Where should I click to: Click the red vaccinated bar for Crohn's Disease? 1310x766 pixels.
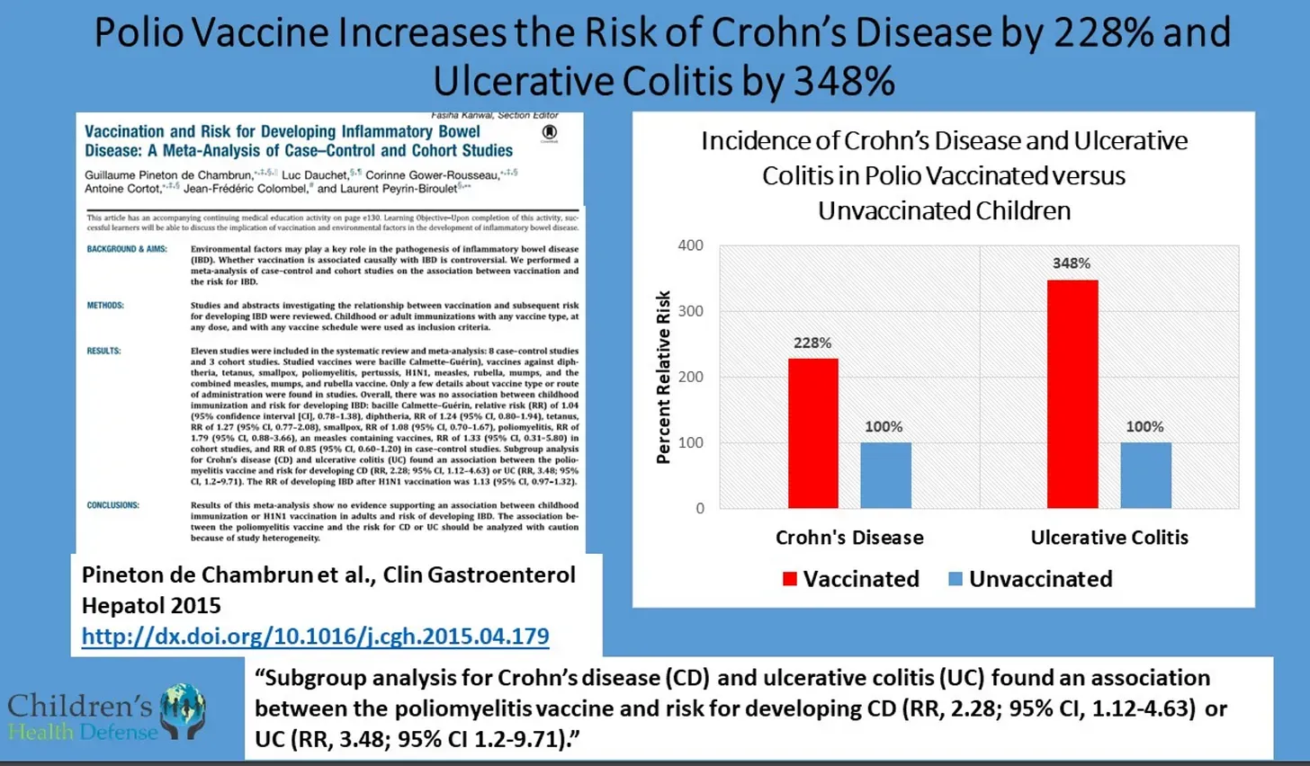(812, 433)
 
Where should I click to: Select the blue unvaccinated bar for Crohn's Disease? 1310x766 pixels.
(885, 476)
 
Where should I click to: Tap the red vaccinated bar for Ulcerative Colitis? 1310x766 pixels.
(1072, 394)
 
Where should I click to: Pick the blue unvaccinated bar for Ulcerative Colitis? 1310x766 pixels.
(1145, 476)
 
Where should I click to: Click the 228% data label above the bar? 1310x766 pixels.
(812, 343)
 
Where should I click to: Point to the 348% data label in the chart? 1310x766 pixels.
(1072, 263)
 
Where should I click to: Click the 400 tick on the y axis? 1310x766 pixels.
(690, 245)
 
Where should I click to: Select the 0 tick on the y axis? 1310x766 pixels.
(699, 509)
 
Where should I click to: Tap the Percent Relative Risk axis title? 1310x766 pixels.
(663, 378)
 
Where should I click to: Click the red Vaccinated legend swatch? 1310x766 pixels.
(790, 579)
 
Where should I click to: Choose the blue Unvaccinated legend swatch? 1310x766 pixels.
(956, 579)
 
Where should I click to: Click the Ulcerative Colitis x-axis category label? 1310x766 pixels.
(1109, 538)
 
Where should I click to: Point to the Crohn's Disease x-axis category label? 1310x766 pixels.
(849, 538)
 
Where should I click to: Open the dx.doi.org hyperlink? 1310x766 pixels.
(315, 637)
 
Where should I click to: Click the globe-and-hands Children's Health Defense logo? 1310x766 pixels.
(184, 711)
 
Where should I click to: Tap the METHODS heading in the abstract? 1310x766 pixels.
(105, 306)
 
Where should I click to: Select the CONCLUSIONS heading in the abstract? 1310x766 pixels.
(112, 505)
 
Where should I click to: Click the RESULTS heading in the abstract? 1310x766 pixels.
(103, 351)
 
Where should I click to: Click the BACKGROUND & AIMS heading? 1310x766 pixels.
(127, 249)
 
